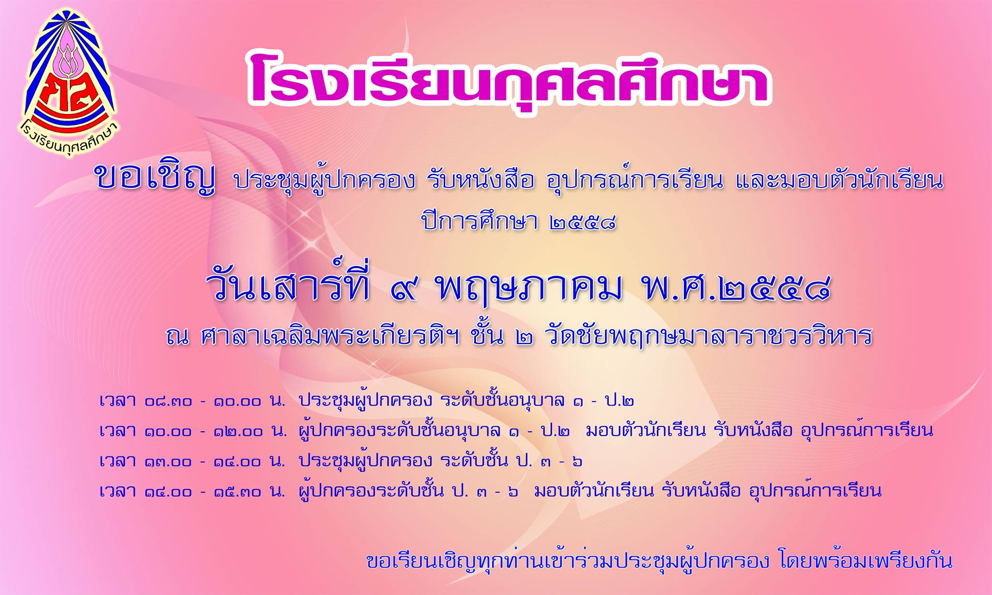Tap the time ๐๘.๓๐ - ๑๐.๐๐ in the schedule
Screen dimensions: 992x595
[x=203, y=401]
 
